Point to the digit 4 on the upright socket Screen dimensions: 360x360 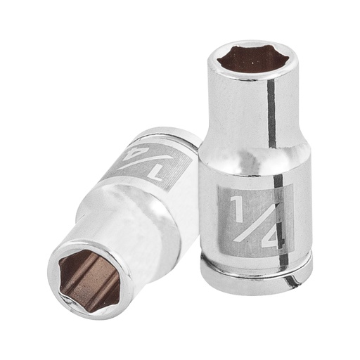click(x=271, y=233)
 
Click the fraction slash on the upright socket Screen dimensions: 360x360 click(x=252, y=220)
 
